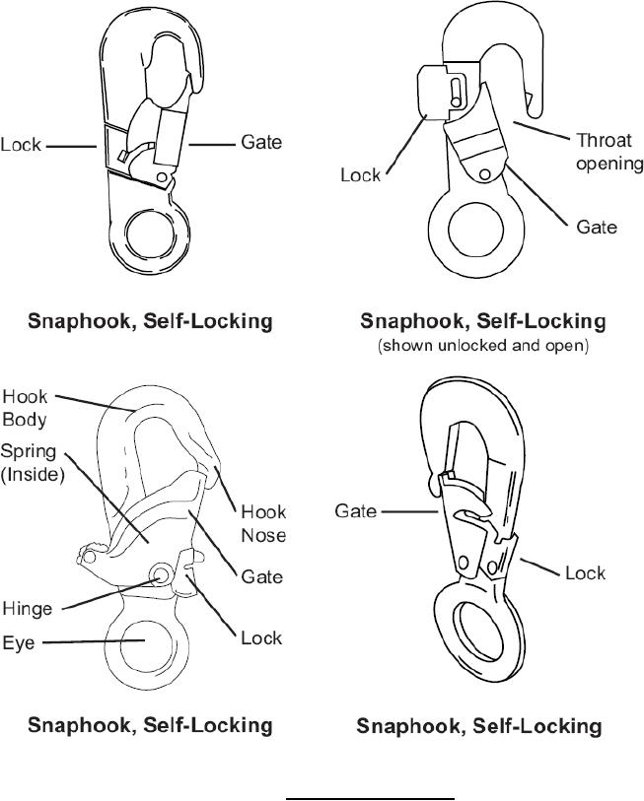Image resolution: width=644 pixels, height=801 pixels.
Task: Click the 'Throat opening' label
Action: pyautogui.click(x=608, y=152)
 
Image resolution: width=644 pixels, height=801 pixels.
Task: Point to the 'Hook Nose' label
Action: pyautogui.click(x=263, y=523)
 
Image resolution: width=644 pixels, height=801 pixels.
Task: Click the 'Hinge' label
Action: pyautogui.click(x=27, y=609)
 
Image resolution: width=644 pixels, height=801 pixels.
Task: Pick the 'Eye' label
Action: pyautogui.click(x=21, y=641)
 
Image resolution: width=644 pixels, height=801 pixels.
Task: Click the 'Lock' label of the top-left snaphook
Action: pyautogui.click(x=21, y=145)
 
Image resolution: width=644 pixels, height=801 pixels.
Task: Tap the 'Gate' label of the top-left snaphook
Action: pyautogui.click(x=261, y=142)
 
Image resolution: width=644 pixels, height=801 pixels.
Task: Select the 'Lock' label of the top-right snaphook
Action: pyautogui.click(x=360, y=174)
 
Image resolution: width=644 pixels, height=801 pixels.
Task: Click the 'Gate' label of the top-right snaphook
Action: pyautogui.click(x=597, y=227)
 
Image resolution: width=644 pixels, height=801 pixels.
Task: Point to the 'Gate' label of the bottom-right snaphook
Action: pyautogui.click(x=357, y=511)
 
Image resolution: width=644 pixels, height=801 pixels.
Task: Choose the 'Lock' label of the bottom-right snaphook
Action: pyautogui.click(x=585, y=572)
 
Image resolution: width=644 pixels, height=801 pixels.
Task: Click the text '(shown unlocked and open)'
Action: pyautogui.click(x=482, y=347)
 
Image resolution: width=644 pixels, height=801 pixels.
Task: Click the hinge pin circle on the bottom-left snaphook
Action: pyautogui.click(x=160, y=575)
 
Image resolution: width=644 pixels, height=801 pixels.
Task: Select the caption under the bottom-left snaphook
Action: pyautogui.click(x=149, y=725)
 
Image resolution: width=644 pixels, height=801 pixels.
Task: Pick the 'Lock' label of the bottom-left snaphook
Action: pyautogui.click(x=261, y=637)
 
